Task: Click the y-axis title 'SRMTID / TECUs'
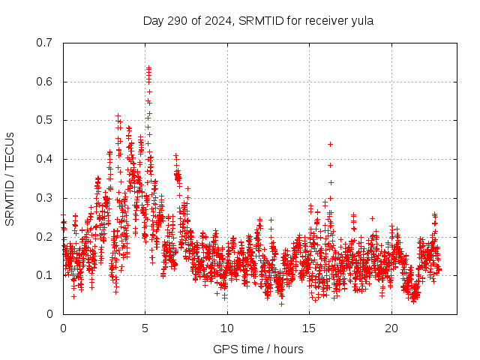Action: [10, 178]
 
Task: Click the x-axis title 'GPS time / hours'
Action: [258, 349]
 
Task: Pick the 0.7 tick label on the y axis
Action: [44, 43]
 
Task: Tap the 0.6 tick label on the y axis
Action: [44, 82]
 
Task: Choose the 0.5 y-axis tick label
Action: [44, 120]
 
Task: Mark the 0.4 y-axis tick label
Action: [44, 159]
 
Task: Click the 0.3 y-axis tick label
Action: [44, 198]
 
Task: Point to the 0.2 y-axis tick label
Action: [44, 237]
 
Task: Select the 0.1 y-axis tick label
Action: [44, 275]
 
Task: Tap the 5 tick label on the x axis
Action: [145, 328]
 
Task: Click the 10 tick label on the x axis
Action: [227, 328]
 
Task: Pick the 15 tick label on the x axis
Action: [309, 328]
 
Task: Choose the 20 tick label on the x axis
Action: [391, 328]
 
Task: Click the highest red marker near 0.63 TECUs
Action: [148, 68]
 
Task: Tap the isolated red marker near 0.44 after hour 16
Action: [330, 144]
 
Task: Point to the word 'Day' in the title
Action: [153, 20]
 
